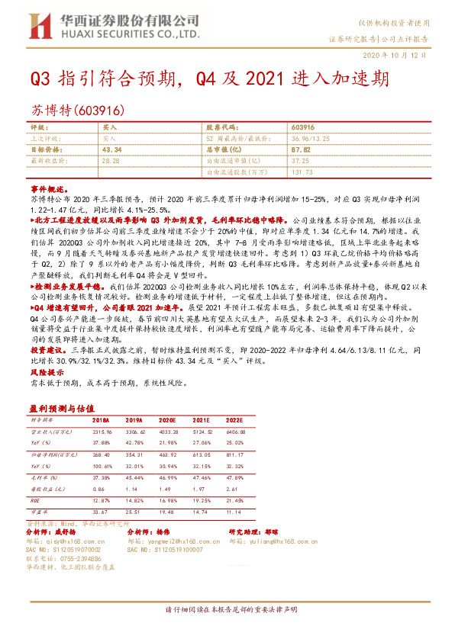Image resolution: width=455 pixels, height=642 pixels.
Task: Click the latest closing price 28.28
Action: click(x=111, y=161)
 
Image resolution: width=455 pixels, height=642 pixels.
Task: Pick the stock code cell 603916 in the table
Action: click(x=302, y=128)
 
